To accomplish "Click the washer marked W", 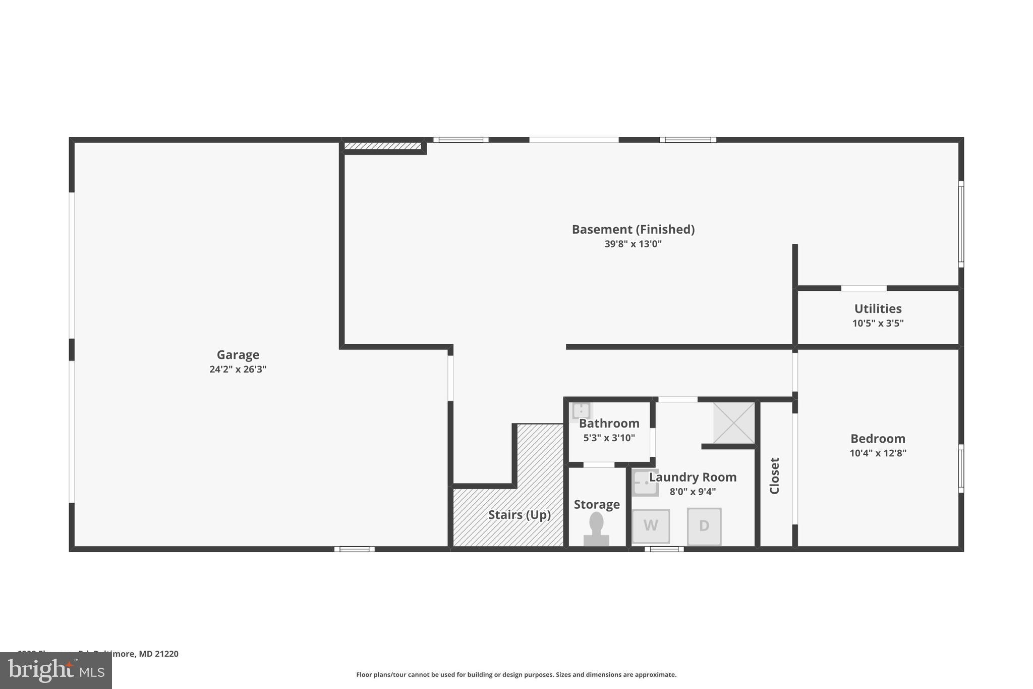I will coord(651,526).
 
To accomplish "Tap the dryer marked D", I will coord(704,526).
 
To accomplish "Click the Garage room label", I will coord(238,355).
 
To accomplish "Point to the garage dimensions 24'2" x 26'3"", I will coord(238,369).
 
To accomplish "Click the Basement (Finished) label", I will coord(633,230).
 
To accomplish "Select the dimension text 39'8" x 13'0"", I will coord(633,244).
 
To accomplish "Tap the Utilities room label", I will coord(878,309).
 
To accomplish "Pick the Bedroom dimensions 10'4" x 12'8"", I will coord(878,453).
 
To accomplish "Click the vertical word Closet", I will coord(775,475).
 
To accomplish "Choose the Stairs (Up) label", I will coord(519,515).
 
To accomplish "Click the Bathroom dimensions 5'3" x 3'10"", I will coord(609,438).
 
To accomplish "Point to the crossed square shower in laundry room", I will coord(734,423).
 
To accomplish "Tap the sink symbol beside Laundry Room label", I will coord(645,483).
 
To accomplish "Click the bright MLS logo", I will coord(56,671).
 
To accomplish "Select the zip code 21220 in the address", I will coord(166,654).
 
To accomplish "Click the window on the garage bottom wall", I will coord(354,549).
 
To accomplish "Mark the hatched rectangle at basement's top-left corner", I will coord(383,146).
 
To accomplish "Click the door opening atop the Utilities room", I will coord(864,289).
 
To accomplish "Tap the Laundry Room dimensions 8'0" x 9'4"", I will coord(693,492).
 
